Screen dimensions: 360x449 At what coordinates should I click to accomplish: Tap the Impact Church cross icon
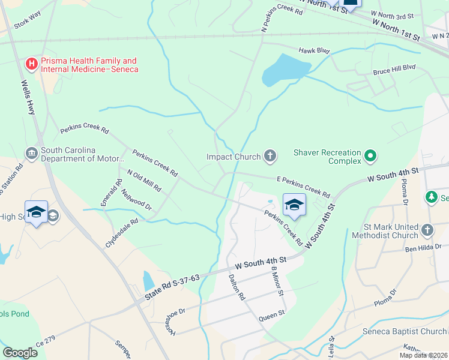[x=270, y=157]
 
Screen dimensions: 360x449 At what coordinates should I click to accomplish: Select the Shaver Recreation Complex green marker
[x=370, y=157]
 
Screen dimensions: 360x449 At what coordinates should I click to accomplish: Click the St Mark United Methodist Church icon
[x=427, y=230]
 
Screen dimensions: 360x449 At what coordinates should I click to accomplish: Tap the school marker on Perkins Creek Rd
[x=294, y=205]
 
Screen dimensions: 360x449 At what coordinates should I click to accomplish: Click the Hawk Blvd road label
[x=315, y=51]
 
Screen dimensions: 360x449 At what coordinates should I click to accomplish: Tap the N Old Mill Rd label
[x=144, y=179]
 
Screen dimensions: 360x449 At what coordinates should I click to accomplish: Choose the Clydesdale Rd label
[x=122, y=233]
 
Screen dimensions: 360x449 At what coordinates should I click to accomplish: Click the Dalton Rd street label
[x=237, y=287]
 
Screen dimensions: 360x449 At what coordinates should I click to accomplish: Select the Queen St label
[x=271, y=318]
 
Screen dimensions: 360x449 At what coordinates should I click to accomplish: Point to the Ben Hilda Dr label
[x=423, y=247]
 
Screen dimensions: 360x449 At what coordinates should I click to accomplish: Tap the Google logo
[x=20, y=353]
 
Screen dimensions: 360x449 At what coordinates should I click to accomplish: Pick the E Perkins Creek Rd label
[x=303, y=187]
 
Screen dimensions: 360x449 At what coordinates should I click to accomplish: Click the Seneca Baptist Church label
[x=404, y=332]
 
